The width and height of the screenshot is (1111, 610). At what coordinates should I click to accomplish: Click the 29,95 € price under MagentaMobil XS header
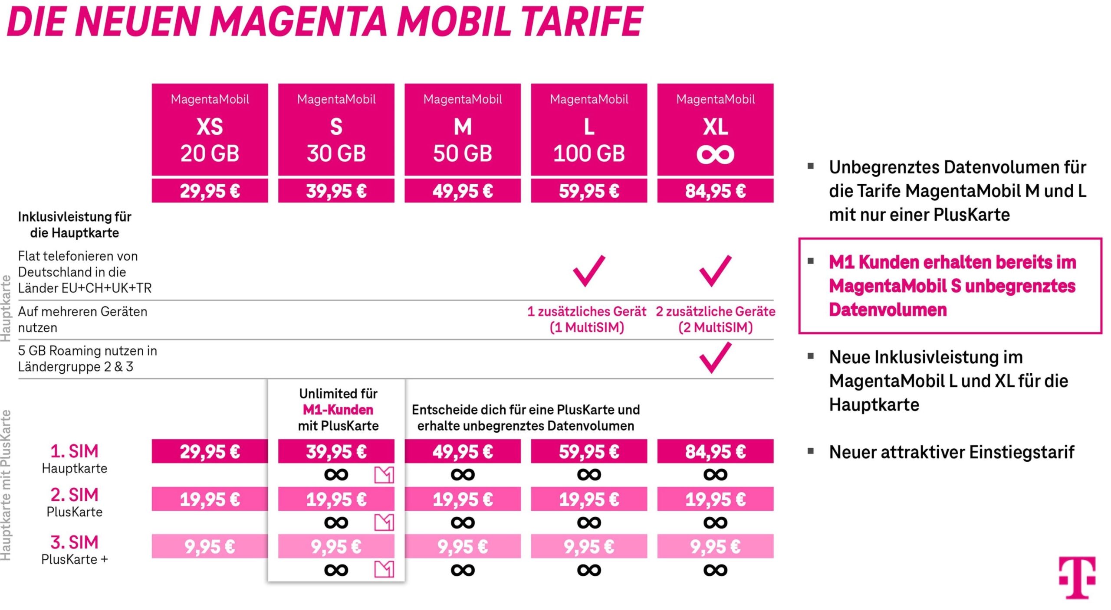click(x=210, y=191)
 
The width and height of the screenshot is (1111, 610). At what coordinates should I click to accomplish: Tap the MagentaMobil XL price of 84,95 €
click(x=715, y=191)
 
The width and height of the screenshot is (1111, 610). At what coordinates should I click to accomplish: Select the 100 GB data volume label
click(x=589, y=154)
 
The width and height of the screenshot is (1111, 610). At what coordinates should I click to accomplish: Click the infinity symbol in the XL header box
click(x=715, y=155)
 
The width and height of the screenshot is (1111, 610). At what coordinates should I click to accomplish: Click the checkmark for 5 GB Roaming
click(x=715, y=358)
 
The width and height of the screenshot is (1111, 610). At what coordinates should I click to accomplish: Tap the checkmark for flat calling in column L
click(x=589, y=271)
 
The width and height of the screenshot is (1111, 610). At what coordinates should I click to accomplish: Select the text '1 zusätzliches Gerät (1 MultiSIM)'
click(x=587, y=320)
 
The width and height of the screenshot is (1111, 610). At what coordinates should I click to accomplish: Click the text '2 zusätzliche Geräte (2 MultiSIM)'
click(x=715, y=320)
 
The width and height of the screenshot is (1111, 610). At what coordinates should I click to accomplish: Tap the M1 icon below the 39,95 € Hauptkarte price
click(x=384, y=475)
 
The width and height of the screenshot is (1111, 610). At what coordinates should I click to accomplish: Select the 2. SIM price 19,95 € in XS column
click(x=210, y=499)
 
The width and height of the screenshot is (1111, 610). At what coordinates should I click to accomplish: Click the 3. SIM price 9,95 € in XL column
click(x=715, y=547)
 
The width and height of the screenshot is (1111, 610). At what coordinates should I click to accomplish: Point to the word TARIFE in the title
click(x=582, y=22)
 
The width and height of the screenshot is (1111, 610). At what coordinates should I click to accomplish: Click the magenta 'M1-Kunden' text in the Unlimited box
click(x=338, y=410)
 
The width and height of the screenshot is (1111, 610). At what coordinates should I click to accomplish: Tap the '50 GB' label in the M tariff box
click(x=463, y=154)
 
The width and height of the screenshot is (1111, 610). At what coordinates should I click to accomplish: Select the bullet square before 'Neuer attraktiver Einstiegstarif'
click(x=810, y=451)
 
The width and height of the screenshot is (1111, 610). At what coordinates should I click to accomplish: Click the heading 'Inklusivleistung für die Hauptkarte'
click(x=75, y=225)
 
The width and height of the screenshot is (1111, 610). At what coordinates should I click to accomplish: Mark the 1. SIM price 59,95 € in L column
click(x=589, y=452)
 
